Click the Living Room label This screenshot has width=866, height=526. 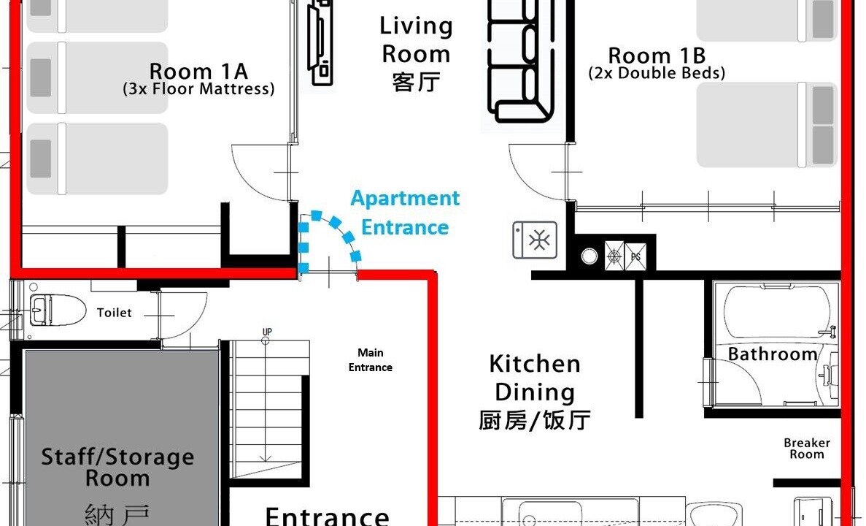(x=417, y=54)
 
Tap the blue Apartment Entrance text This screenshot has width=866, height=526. (x=405, y=213)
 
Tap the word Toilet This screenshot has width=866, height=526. (x=115, y=313)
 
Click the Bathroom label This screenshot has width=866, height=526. (x=773, y=354)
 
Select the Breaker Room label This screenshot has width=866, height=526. (x=807, y=449)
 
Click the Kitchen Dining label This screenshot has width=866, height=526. (x=535, y=392)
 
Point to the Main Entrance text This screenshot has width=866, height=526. (x=370, y=360)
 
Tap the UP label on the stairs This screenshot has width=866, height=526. (x=267, y=332)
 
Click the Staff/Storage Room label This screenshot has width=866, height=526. (x=117, y=468)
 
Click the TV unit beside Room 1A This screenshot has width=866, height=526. (x=320, y=42)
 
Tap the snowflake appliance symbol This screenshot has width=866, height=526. (x=535, y=240)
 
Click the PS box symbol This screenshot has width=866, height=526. (x=635, y=256)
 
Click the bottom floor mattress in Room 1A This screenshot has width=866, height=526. (x=97, y=159)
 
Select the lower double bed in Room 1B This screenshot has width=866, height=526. (x=767, y=124)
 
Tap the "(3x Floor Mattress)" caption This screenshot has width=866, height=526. (x=198, y=89)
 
